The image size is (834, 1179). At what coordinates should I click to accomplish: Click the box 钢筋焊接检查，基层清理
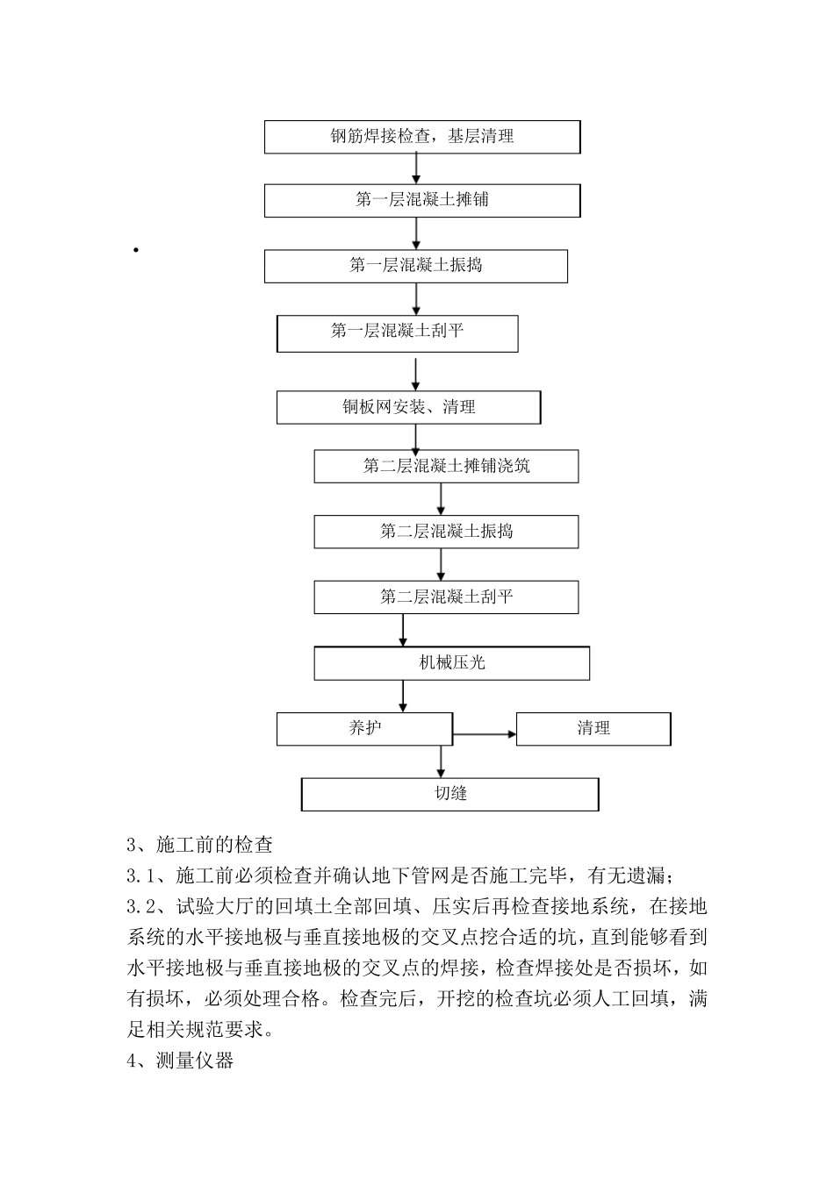(422, 137)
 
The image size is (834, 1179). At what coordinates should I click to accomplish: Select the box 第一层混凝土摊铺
(422, 200)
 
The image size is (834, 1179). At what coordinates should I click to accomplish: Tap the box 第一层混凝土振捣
(416, 266)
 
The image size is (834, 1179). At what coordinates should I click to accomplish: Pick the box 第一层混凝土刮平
(398, 333)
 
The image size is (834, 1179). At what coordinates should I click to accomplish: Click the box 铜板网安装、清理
(409, 407)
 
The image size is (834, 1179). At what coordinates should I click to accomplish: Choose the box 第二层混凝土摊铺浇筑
(447, 466)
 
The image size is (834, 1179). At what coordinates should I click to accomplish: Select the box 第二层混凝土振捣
(447, 532)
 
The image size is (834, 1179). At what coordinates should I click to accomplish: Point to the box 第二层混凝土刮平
(447, 597)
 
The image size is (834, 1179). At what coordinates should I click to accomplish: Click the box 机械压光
(452, 663)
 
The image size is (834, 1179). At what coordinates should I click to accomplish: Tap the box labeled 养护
(364, 729)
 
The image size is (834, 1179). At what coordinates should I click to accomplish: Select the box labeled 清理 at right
(593, 729)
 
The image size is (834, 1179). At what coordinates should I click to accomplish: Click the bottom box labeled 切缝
(450, 794)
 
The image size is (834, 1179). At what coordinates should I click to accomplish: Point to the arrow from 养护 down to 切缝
(441, 760)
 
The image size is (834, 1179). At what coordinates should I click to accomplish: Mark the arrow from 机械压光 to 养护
(403, 696)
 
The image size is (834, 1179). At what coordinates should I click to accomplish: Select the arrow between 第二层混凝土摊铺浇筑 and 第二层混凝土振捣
(441, 498)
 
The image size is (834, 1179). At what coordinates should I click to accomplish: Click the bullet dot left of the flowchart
(136, 251)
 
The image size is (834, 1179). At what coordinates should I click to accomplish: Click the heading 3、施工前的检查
(200, 845)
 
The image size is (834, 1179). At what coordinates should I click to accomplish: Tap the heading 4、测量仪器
(181, 1061)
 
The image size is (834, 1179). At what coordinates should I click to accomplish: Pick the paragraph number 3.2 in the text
(141, 904)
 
